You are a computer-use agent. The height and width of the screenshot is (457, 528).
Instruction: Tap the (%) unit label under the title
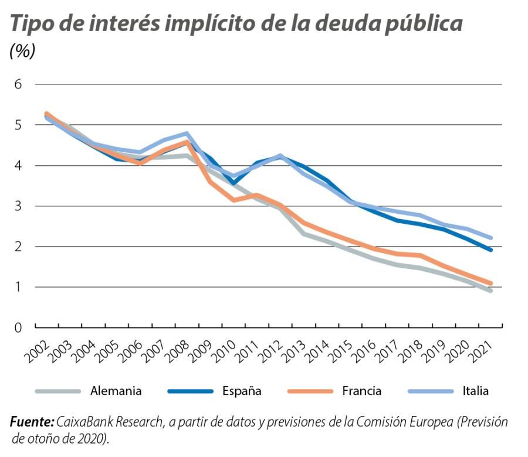click(22, 51)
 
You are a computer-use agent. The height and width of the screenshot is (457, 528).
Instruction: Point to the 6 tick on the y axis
click(18, 84)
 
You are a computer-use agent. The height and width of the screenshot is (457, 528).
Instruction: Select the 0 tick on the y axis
click(18, 328)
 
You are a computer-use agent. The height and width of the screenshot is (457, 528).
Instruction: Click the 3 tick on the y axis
click(18, 206)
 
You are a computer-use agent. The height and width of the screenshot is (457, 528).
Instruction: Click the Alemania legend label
click(116, 391)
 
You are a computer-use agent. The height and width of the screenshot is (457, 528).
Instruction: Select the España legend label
click(242, 391)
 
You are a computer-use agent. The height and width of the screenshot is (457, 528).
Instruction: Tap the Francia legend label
click(361, 391)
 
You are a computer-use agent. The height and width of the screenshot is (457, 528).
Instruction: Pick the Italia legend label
click(475, 391)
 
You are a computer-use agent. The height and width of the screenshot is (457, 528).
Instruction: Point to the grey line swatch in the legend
click(57, 391)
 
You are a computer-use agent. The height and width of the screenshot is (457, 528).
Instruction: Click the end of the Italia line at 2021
click(490, 238)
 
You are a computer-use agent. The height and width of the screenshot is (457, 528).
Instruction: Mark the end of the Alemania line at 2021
click(490, 291)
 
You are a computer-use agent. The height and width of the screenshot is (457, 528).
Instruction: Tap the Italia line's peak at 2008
click(187, 134)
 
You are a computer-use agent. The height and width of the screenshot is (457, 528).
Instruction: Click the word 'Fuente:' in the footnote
click(32, 422)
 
